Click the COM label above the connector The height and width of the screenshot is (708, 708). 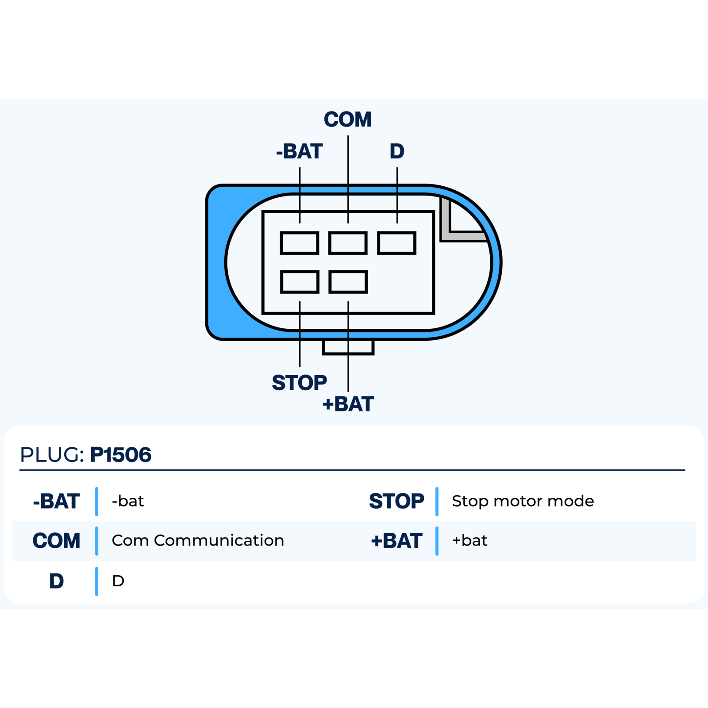348,119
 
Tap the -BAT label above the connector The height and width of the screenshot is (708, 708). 300,151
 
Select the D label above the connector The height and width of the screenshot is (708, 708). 397,151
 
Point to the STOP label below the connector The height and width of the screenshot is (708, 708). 300,383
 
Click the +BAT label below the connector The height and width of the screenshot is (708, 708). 348,404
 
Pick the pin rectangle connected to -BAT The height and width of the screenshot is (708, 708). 300,243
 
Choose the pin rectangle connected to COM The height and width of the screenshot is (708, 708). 348,243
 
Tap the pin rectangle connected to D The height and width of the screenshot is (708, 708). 397,243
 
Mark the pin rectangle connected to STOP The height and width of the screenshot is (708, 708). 300,282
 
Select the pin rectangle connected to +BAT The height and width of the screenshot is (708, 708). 348,282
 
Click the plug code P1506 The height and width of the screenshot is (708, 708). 121,455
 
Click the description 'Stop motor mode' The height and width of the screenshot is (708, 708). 523,501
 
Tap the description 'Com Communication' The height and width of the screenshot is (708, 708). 198,541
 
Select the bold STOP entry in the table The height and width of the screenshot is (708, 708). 396,501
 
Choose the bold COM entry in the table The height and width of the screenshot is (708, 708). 56,541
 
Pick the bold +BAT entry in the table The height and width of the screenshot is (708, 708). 396,541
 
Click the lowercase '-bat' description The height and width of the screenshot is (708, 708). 128,501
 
